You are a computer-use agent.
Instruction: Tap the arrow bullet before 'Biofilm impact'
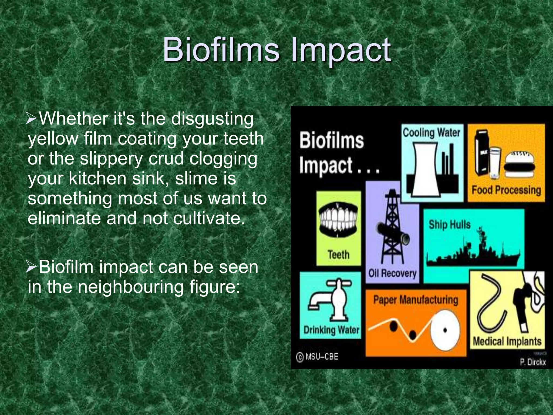coord(32,267)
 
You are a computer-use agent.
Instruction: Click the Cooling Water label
coord(431,133)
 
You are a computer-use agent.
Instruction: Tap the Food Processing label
coord(506,190)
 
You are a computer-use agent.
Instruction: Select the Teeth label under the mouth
coord(339,255)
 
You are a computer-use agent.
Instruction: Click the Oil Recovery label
coord(392,273)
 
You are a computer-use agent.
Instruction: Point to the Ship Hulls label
coord(450,225)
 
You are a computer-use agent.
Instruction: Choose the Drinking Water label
coord(331,330)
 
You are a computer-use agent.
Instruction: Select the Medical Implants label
coord(507,341)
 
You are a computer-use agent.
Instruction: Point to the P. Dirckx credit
coord(533,362)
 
